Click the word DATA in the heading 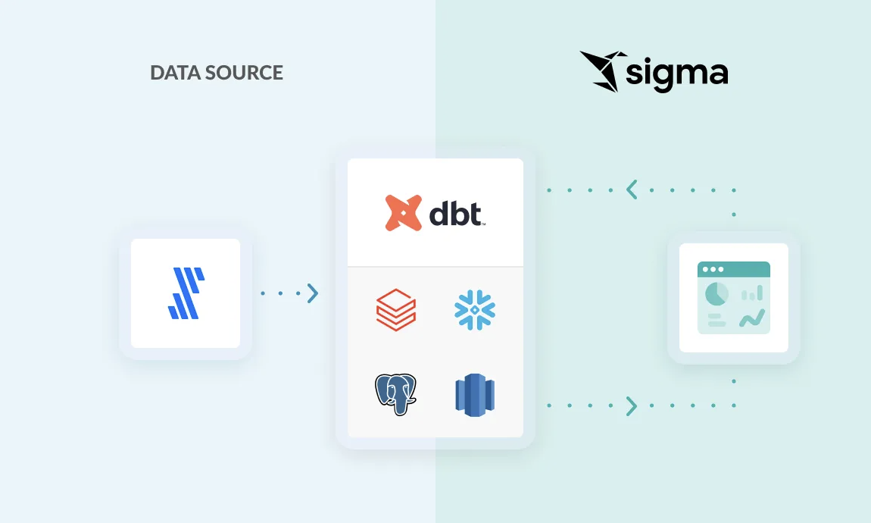172,73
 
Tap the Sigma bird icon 601,70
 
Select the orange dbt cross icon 403,212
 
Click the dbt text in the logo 456,213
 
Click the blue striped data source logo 186,293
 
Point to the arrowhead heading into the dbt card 313,293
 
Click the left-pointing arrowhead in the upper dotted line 632,189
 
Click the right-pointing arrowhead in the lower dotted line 632,406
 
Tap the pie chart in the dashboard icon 716,293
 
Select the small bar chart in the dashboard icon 752,293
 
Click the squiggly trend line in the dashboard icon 752,318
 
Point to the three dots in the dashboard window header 712,269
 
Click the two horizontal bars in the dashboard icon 716,319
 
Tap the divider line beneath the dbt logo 435,267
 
